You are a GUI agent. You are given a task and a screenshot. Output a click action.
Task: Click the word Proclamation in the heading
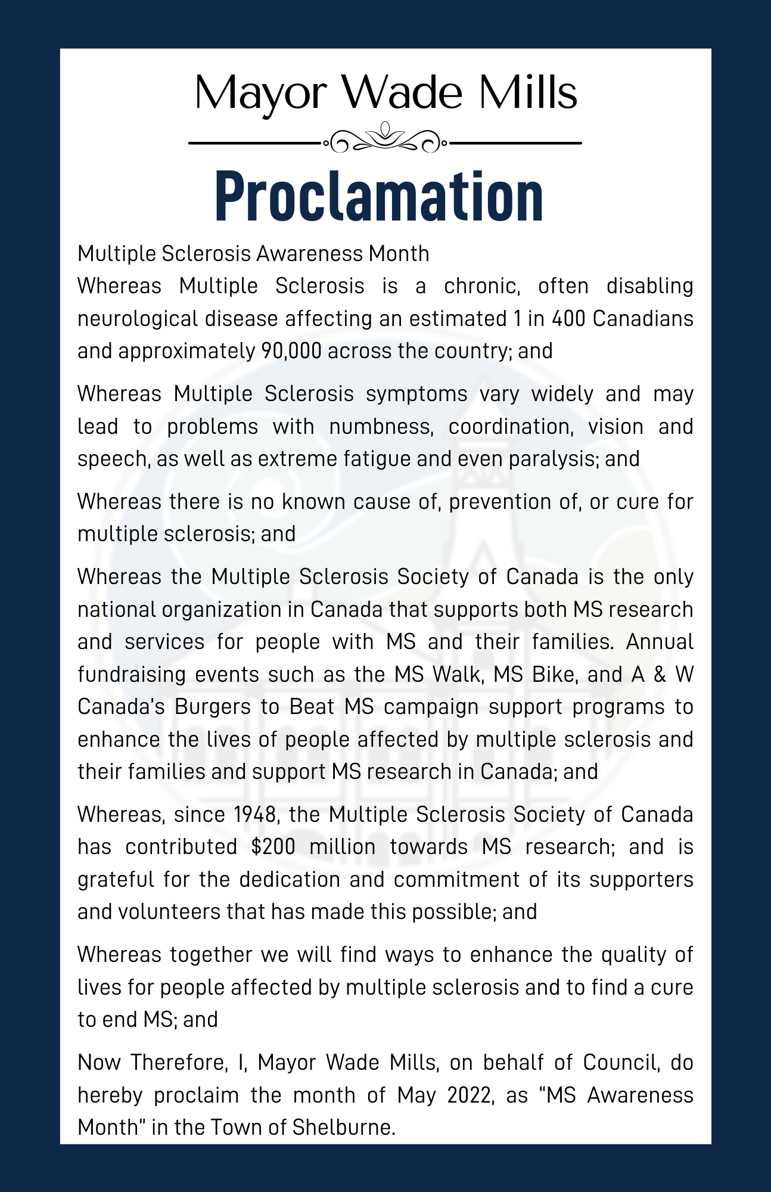click(x=379, y=195)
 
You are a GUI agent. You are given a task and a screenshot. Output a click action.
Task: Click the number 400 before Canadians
click(x=568, y=319)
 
